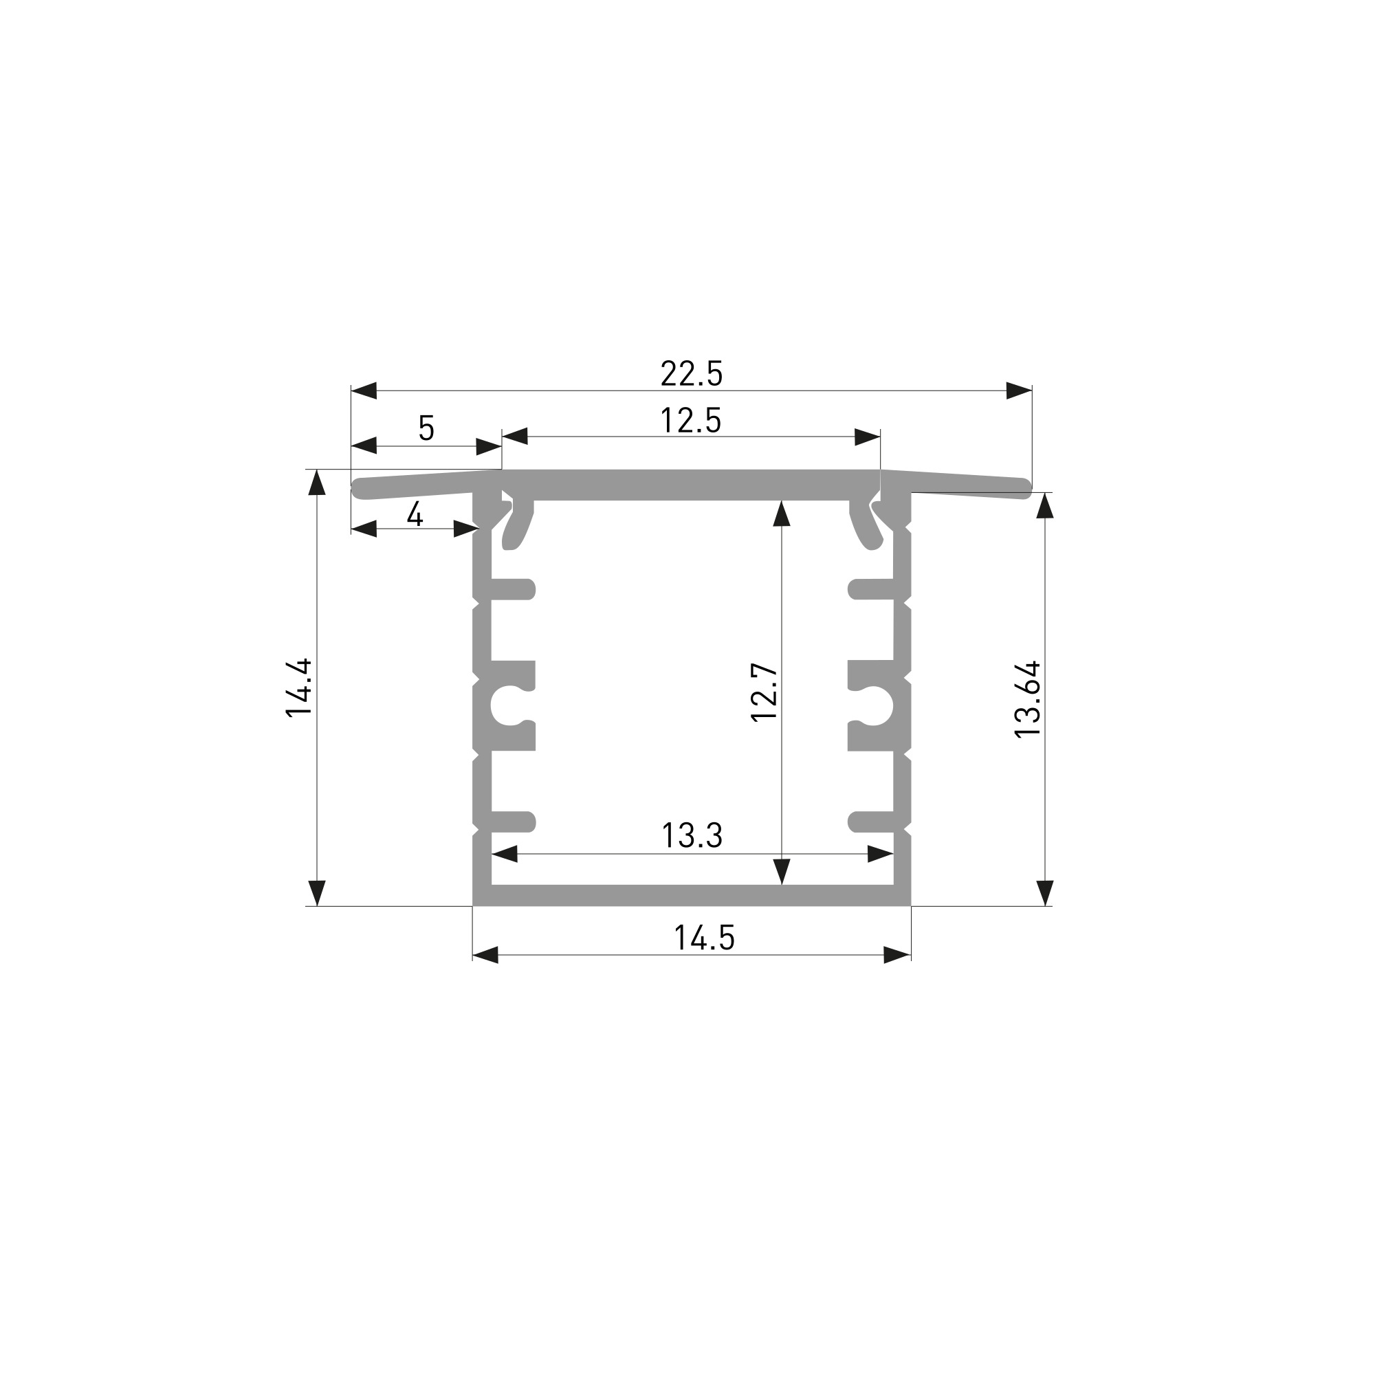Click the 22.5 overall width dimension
pos(691,373)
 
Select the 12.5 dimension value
pos(690,421)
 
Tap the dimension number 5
pos(426,428)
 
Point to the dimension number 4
pos(415,513)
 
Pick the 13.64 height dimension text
pos(1028,699)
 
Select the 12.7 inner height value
pos(764,692)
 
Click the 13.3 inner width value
pos(692,835)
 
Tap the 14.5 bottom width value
pos(704,937)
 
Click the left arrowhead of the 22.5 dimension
pos(364,390)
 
